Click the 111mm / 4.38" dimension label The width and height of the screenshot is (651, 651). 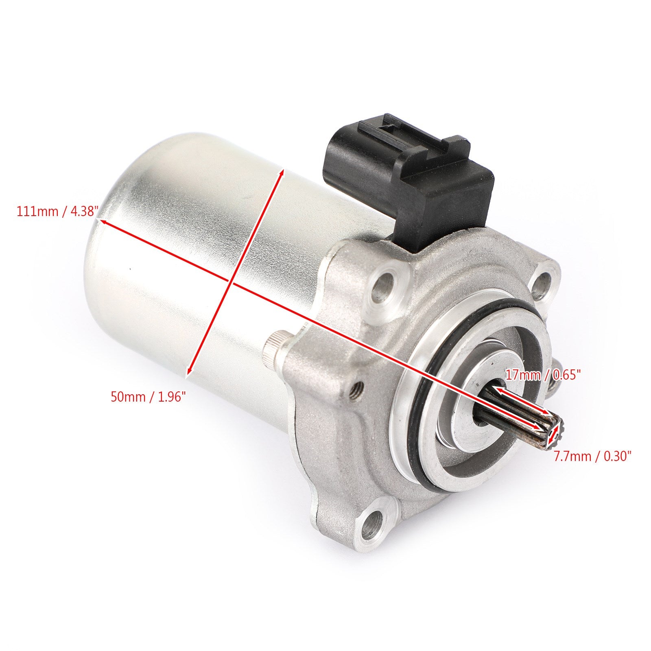click(57, 212)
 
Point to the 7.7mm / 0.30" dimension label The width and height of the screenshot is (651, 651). click(592, 456)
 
